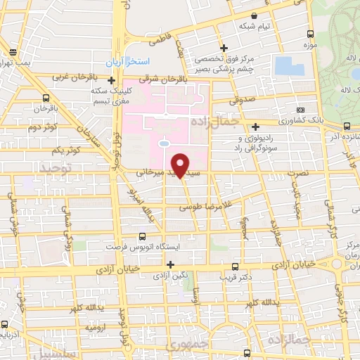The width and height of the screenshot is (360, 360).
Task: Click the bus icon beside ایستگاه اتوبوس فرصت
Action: point(143,237)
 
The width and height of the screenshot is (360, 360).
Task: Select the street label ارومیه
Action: point(96,328)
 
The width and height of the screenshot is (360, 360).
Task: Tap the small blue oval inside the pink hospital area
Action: point(164,143)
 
